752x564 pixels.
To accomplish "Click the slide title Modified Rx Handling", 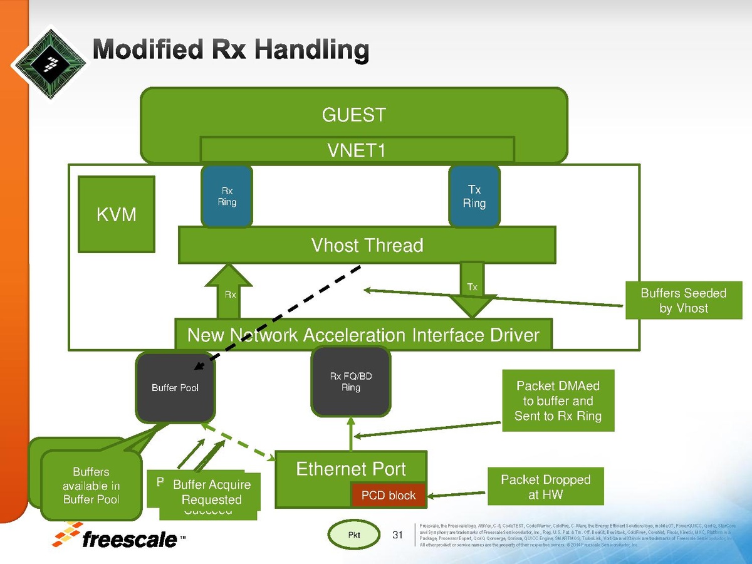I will tap(231, 50).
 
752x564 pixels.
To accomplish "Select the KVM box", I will tap(117, 214).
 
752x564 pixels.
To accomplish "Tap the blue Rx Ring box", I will tap(227, 196).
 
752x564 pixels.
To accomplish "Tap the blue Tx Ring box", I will tap(474, 196).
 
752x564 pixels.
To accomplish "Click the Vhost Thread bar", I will tap(367, 245).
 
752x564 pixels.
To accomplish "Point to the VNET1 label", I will tap(357, 150).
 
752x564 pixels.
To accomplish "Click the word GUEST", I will tap(354, 115).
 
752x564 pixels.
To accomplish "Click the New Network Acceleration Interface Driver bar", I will tap(363, 335).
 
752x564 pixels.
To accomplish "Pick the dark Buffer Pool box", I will tap(175, 388).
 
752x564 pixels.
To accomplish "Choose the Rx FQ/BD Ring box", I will tap(351, 382).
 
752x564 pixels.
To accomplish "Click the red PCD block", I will tap(389, 496).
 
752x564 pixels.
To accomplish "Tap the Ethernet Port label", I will tap(351, 469).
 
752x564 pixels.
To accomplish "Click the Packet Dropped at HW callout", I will tap(545, 487).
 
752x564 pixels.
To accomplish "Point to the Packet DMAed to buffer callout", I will tap(558, 401).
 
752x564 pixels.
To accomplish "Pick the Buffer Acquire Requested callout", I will tap(212, 492).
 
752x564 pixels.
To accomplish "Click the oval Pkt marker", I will tap(355, 535).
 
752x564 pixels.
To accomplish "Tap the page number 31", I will tap(397, 535).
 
